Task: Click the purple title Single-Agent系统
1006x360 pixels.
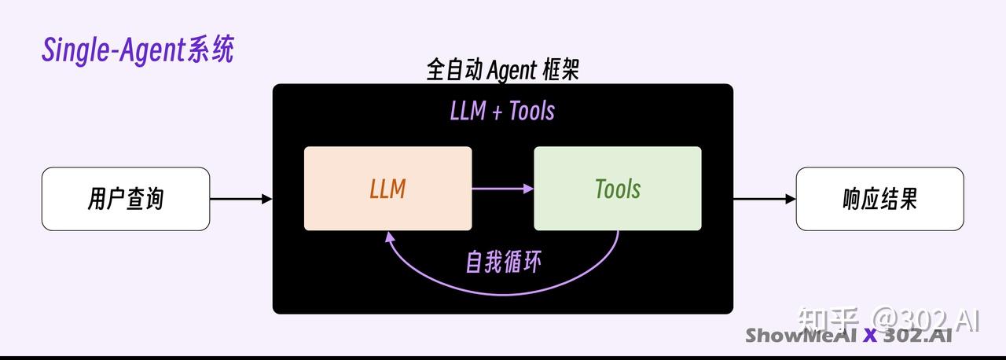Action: pyautogui.click(x=138, y=50)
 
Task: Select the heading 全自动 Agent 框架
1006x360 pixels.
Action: pyautogui.click(x=502, y=71)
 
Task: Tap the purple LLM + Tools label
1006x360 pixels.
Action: pyautogui.click(x=502, y=111)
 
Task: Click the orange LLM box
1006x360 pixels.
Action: pyautogui.click(x=387, y=189)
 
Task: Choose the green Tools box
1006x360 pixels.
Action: pyautogui.click(x=617, y=189)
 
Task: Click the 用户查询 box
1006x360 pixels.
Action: pyautogui.click(x=126, y=199)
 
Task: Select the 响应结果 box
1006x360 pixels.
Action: pyautogui.click(x=879, y=199)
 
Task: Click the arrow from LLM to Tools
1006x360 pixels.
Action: pyautogui.click(x=503, y=189)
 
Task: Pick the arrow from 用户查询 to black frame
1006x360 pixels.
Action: pyautogui.click(x=240, y=199)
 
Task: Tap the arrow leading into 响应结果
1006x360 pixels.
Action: pyautogui.click(x=764, y=199)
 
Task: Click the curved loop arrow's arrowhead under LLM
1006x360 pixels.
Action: pyautogui.click(x=388, y=236)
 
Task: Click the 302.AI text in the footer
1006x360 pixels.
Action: pyautogui.click(x=917, y=336)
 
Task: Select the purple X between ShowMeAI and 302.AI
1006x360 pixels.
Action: pyautogui.click(x=869, y=336)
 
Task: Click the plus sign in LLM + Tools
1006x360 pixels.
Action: pyautogui.click(x=497, y=112)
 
